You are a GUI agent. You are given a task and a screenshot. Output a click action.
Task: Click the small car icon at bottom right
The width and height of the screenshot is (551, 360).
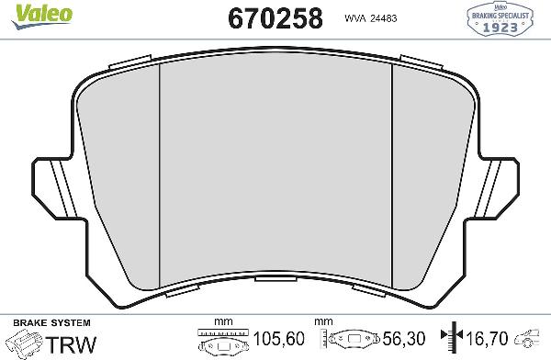coord(533,342)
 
